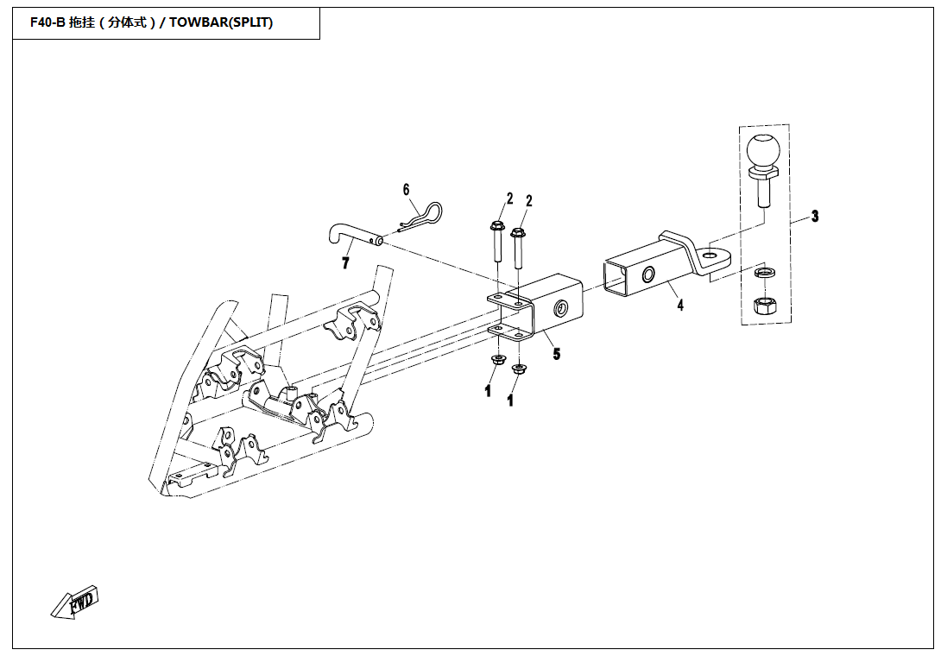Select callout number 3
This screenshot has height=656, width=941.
pyautogui.click(x=814, y=216)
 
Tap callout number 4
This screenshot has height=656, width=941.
pyautogui.click(x=680, y=305)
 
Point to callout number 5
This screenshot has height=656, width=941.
pyautogui.click(x=556, y=353)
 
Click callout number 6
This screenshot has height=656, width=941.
pyautogui.click(x=406, y=189)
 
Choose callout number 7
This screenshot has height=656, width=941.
pyautogui.click(x=346, y=262)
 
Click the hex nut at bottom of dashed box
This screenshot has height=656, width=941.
pyautogui.click(x=762, y=304)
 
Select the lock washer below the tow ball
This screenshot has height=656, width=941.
pyautogui.click(x=762, y=273)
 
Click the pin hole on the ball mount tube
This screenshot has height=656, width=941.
pyautogui.click(x=647, y=274)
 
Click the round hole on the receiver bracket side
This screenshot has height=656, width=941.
pyautogui.click(x=562, y=307)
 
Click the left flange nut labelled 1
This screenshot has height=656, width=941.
pyautogui.click(x=497, y=359)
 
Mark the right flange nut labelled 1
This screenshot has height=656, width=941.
pyautogui.click(x=518, y=369)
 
